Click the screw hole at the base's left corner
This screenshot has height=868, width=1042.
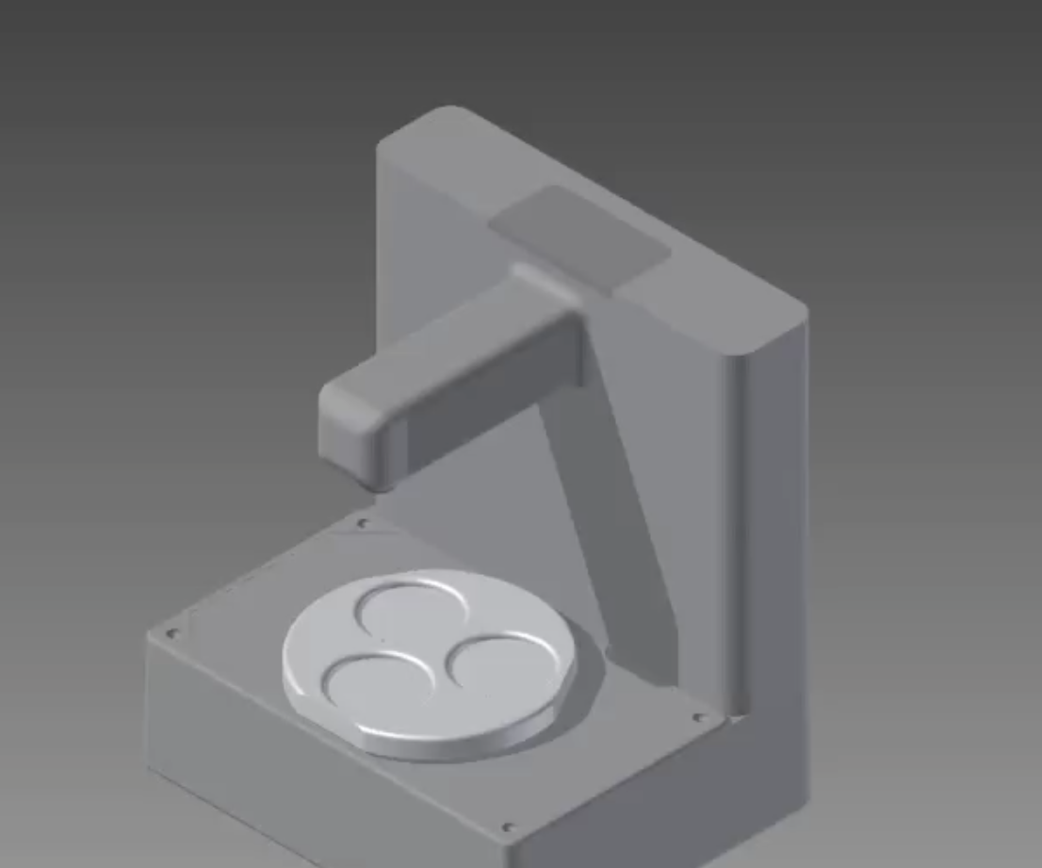tap(171, 633)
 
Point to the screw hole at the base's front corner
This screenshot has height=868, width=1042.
tap(509, 828)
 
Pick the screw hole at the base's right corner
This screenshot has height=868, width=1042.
tap(699, 718)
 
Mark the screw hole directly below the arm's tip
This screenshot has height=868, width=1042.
tap(364, 523)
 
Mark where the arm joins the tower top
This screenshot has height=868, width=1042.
tap(556, 283)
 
